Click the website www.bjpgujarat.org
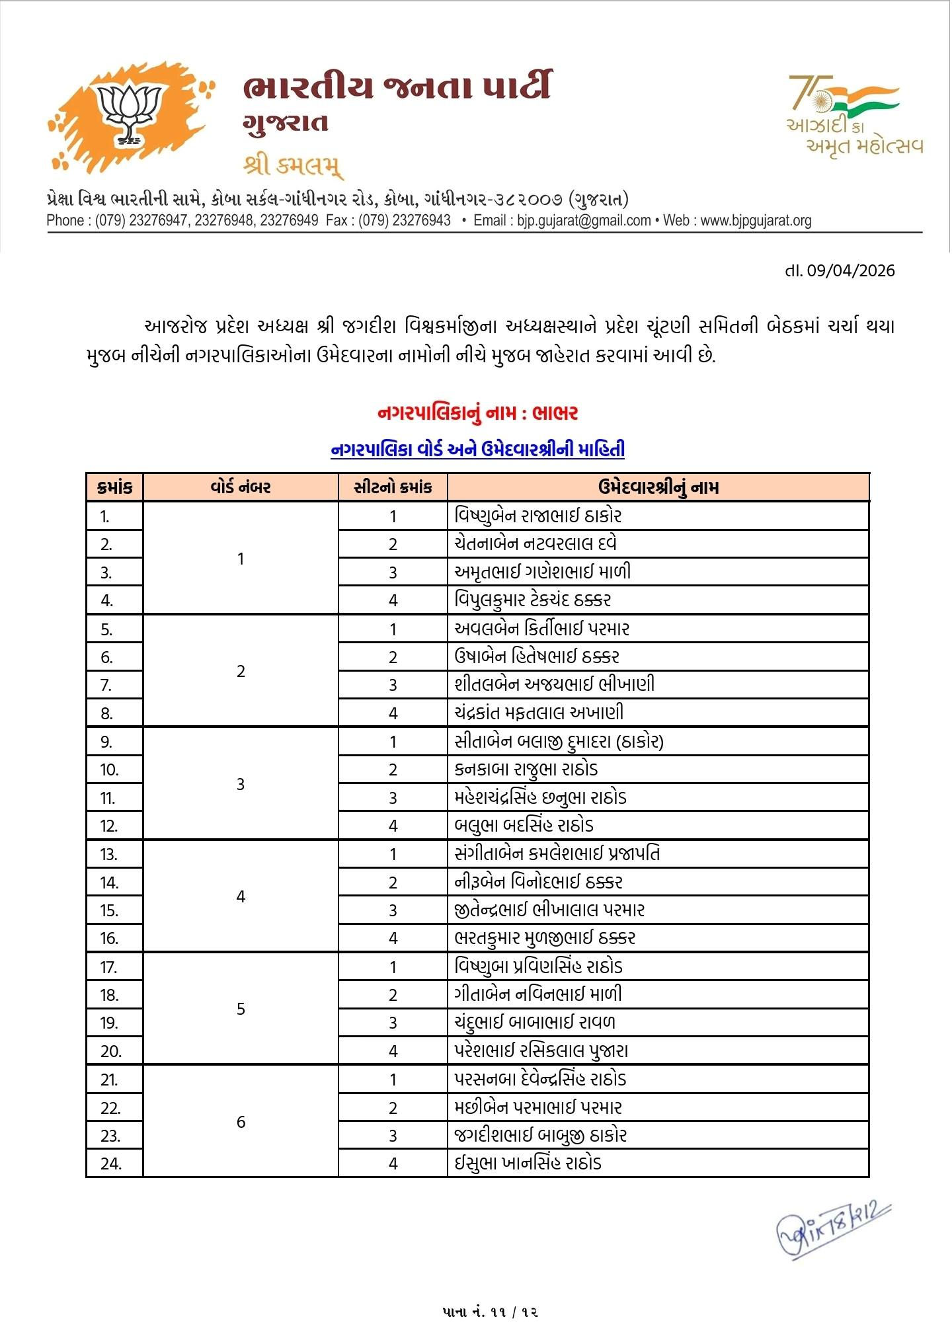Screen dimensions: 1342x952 coord(756,221)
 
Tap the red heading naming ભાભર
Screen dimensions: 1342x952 coord(477,413)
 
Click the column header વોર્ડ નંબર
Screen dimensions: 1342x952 coord(241,487)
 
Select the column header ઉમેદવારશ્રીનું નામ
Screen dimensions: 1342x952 coord(658,487)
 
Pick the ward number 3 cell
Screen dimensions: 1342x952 coord(241,784)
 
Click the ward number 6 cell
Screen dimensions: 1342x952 coord(241,1122)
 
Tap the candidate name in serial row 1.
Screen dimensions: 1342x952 coord(538,516)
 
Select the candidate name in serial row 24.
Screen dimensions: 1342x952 coord(528,1164)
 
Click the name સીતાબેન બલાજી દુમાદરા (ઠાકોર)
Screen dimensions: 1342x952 coord(559,741)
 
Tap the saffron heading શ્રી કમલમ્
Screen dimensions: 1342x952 coord(293,165)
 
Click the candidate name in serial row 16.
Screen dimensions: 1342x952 coord(545,938)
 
